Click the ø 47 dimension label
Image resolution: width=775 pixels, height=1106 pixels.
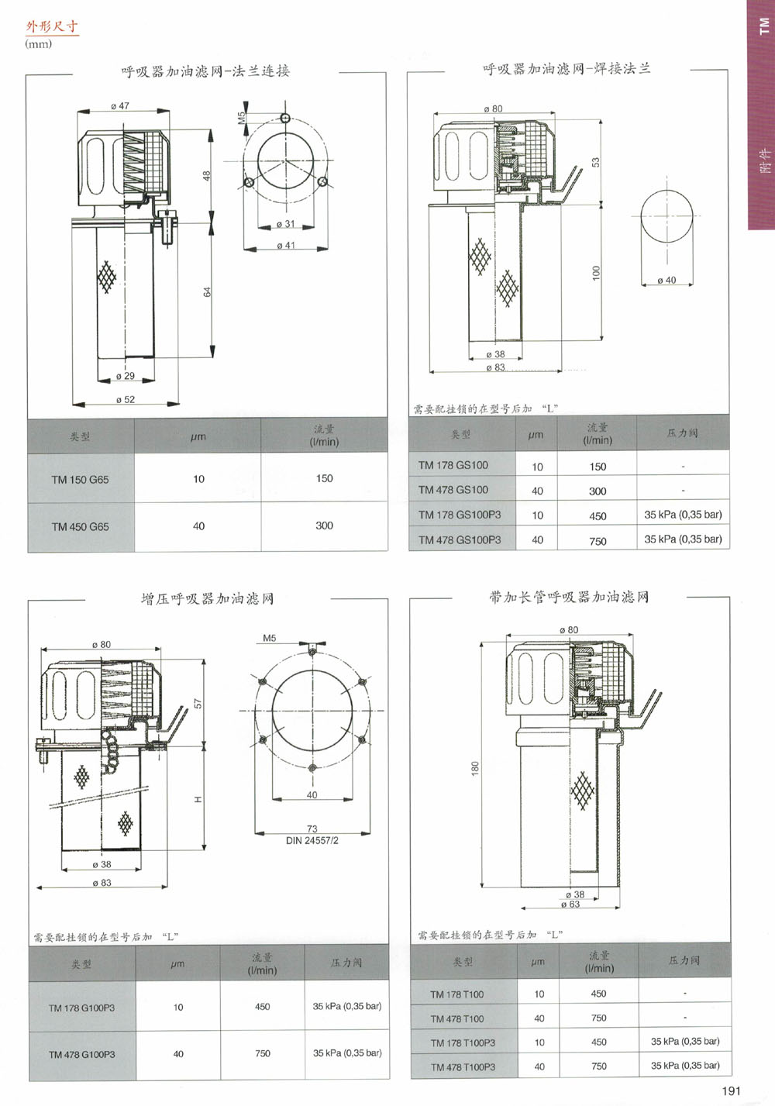click(x=120, y=106)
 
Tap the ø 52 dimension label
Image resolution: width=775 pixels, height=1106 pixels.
click(x=125, y=400)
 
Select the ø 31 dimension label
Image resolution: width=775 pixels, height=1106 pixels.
click(x=285, y=224)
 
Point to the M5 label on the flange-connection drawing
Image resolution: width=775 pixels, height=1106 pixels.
click(x=241, y=118)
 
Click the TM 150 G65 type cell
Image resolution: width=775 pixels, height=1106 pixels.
click(x=80, y=480)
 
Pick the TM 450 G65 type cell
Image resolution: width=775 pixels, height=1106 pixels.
click(x=80, y=527)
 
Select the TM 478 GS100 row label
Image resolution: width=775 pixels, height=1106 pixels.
click(x=453, y=490)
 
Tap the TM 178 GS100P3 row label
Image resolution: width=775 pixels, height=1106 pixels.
click(x=460, y=515)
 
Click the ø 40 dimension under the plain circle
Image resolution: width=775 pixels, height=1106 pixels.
click(x=666, y=281)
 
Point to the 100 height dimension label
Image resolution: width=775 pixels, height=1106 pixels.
click(x=596, y=273)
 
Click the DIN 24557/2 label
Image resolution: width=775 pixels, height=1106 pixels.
click(x=312, y=840)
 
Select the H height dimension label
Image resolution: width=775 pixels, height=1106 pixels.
click(x=198, y=799)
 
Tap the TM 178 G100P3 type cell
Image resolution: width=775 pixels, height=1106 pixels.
click(x=81, y=1008)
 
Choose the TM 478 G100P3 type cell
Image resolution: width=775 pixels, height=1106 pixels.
click(x=81, y=1055)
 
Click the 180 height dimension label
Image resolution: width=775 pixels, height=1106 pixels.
click(x=475, y=768)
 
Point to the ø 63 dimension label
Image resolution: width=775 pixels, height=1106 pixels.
click(x=570, y=904)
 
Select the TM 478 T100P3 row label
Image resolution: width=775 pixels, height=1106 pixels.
click(x=463, y=1067)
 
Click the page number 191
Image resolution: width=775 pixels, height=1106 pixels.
click(x=731, y=1091)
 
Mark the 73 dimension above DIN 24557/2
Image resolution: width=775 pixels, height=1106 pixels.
click(x=312, y=829)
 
